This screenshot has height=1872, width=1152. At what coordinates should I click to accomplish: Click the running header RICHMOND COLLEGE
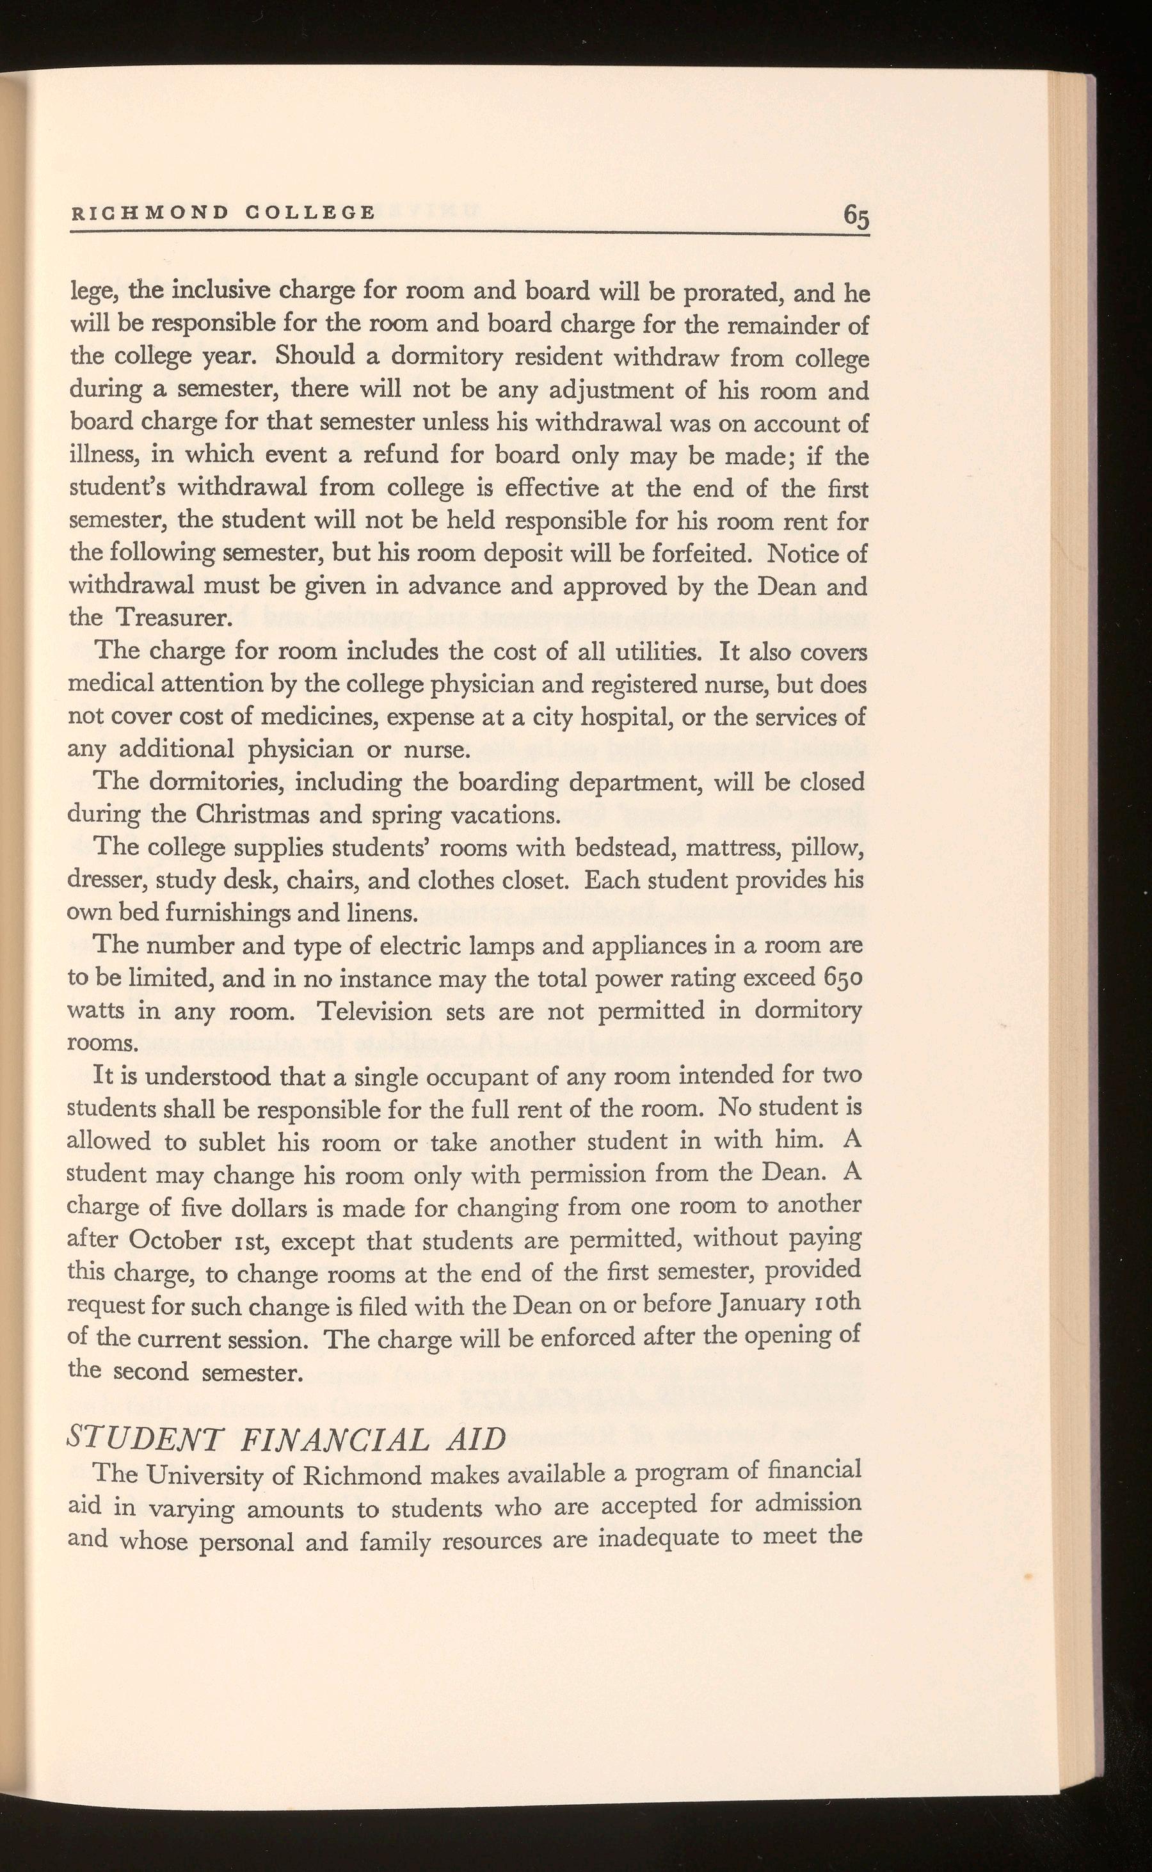[x=223, y=212]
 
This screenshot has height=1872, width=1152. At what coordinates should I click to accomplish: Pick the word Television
[x=380, y=1011]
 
